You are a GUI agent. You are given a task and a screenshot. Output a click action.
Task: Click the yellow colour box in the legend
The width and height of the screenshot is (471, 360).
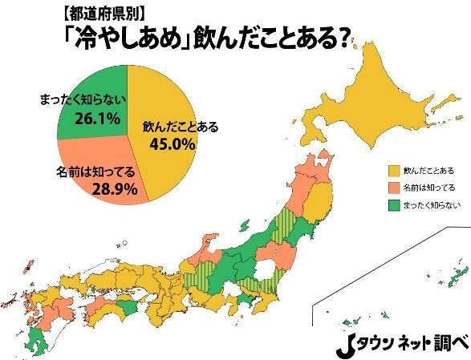[394, 171]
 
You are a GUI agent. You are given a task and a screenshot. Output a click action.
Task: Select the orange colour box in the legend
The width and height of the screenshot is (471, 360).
[394, 188]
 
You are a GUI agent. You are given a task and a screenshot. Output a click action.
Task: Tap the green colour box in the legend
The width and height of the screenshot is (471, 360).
[394, 204]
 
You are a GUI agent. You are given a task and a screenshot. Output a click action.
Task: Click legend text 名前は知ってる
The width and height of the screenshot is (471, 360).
[430, 188]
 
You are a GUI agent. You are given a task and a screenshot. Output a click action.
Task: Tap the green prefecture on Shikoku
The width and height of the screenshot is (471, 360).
[126, 309]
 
